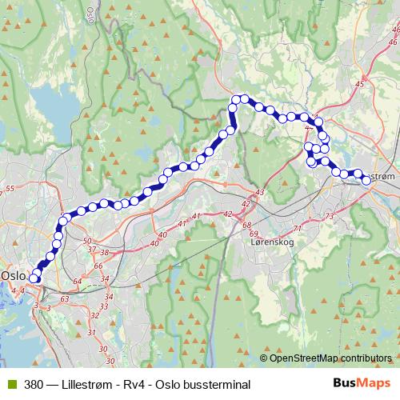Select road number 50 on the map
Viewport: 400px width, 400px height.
click(88, 240)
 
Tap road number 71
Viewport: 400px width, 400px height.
click(298, 230)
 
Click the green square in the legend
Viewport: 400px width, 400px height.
click(10, 385)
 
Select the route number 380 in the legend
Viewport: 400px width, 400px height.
click(34, 385)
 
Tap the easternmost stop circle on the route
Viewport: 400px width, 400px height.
click(366, 180)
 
